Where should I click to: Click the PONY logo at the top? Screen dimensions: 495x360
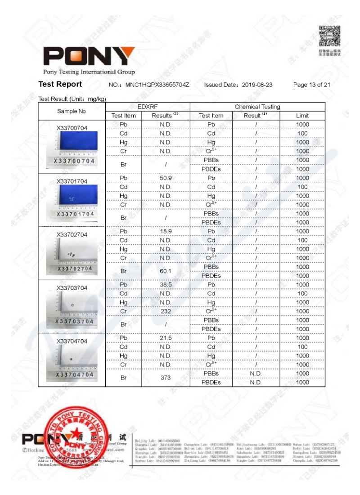point(89,56)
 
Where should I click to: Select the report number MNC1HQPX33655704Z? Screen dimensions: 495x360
point(157,85)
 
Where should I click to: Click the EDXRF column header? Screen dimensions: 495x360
point(148,107)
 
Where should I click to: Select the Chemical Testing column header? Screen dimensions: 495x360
point(257,107)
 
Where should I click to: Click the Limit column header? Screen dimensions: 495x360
point(302,116)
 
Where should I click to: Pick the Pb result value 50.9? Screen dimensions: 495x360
point(166,178)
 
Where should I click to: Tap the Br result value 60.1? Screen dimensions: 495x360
point(166,271)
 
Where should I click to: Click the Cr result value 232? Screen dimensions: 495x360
point(166,311)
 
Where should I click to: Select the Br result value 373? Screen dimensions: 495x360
point(166,378)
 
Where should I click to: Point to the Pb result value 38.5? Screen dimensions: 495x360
point(166,284)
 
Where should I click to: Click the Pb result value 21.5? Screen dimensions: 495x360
point(166,338)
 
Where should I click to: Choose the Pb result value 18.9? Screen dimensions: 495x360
point(166,231)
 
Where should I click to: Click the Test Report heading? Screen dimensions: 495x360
point(60,84)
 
